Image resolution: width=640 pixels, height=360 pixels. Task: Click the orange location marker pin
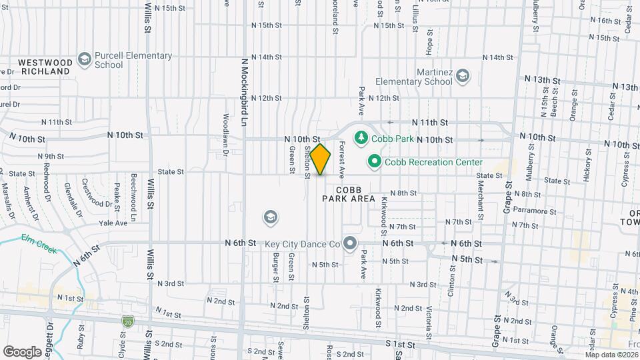321,159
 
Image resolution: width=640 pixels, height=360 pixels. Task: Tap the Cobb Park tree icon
361,137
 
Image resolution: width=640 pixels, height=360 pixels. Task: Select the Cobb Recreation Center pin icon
375,162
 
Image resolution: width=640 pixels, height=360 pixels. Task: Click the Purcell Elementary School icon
84,60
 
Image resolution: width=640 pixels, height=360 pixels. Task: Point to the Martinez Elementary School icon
463,77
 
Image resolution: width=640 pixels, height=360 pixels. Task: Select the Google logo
22,351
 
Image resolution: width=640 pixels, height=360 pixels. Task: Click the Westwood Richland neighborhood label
46,66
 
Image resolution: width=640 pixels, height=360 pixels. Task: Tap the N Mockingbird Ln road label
245,93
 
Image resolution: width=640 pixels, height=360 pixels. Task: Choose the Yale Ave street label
113,223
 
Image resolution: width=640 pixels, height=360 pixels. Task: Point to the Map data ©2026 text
612,354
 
